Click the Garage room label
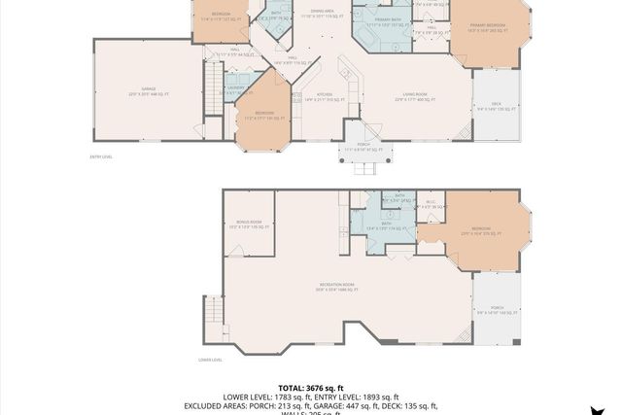click(x=149, y=90)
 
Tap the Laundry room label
click(x=234, y=88)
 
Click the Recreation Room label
click(x=336, y=286)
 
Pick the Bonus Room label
click(x=249, y=223)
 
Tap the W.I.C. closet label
click(x=431, y=204)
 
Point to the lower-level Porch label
click(x=496, y=310)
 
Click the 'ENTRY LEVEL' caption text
click(x=101, y=156)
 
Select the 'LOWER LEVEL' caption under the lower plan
click(x=210, y=360)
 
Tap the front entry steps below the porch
click(x=364, y=168)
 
